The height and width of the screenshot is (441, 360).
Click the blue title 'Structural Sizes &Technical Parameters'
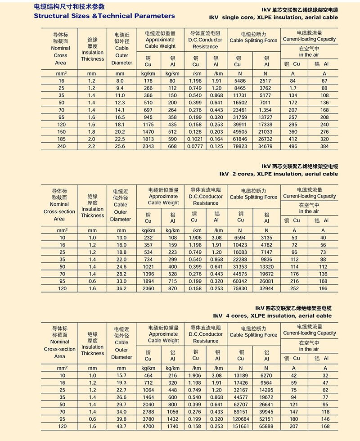click(x=104, y=16)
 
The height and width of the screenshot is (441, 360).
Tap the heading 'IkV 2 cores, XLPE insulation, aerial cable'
click(x=279, y=174)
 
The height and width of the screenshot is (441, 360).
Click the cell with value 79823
click(x=240, y=146)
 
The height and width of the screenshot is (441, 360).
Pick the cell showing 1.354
click(x=265, y=110)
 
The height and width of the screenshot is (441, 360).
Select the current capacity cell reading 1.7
click(x=293, y=88)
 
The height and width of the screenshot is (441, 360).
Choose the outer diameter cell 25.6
click(x=120, y=146)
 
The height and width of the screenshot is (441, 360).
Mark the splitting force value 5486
click(x=240, y=81)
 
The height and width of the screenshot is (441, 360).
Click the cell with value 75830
click(x=240, y=288)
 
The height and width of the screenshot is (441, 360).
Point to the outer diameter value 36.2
click(x=121, y=288)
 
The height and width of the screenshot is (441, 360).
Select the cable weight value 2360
click(x=148, y=288)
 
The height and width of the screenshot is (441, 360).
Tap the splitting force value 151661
click(x=240, y=426)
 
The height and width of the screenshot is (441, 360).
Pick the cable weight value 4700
click(x=148, y=426)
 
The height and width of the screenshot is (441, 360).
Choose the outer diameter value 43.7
click(x=121, y=426)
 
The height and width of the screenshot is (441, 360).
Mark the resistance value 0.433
click(x=217, y=411)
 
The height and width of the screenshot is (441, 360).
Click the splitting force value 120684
click(x=240, y=418)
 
